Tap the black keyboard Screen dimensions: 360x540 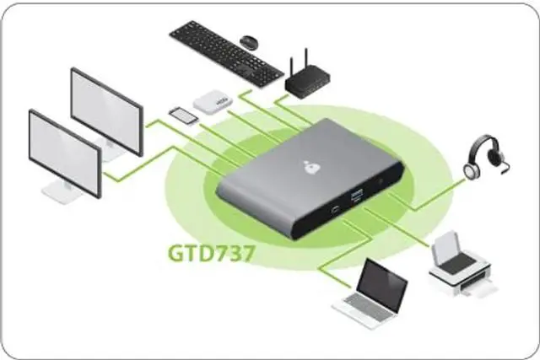(225, 51)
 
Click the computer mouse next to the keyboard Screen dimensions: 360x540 (249, 41)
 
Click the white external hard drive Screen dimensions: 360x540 (213, 102)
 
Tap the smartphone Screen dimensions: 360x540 (184, 115)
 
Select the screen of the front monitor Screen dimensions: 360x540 (64, 152)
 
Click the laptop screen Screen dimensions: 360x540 (384, 282)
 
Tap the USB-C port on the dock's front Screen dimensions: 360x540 (335, 210)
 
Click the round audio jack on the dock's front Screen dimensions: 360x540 (386, 180)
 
